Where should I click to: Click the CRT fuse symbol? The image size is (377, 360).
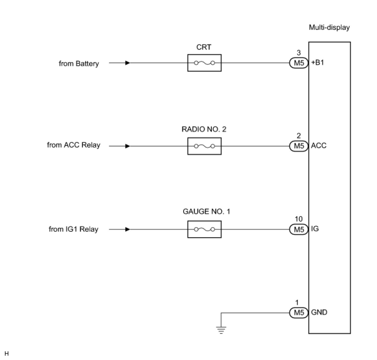204,63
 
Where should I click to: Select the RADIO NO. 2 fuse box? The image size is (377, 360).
204,146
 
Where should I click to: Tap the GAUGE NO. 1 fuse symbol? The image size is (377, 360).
204,230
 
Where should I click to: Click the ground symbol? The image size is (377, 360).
221,329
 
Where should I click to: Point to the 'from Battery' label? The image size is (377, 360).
79,64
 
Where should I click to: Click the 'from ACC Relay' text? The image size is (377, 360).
74,145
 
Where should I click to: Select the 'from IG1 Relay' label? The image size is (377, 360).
74,229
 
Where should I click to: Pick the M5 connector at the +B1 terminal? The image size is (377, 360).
298,63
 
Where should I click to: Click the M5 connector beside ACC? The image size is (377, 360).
298,146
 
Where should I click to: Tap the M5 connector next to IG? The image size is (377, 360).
298,230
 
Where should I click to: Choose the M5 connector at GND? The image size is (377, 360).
298,312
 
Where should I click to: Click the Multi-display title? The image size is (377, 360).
329,27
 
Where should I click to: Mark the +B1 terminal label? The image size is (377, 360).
317,63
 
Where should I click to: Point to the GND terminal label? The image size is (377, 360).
319,312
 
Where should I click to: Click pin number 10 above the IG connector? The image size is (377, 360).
298,219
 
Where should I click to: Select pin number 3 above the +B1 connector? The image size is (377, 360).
298,53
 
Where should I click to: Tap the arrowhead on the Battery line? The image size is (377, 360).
127,63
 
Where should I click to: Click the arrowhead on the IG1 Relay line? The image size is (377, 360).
127,230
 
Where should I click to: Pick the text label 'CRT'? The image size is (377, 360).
204,47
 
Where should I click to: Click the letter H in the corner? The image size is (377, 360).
7,354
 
